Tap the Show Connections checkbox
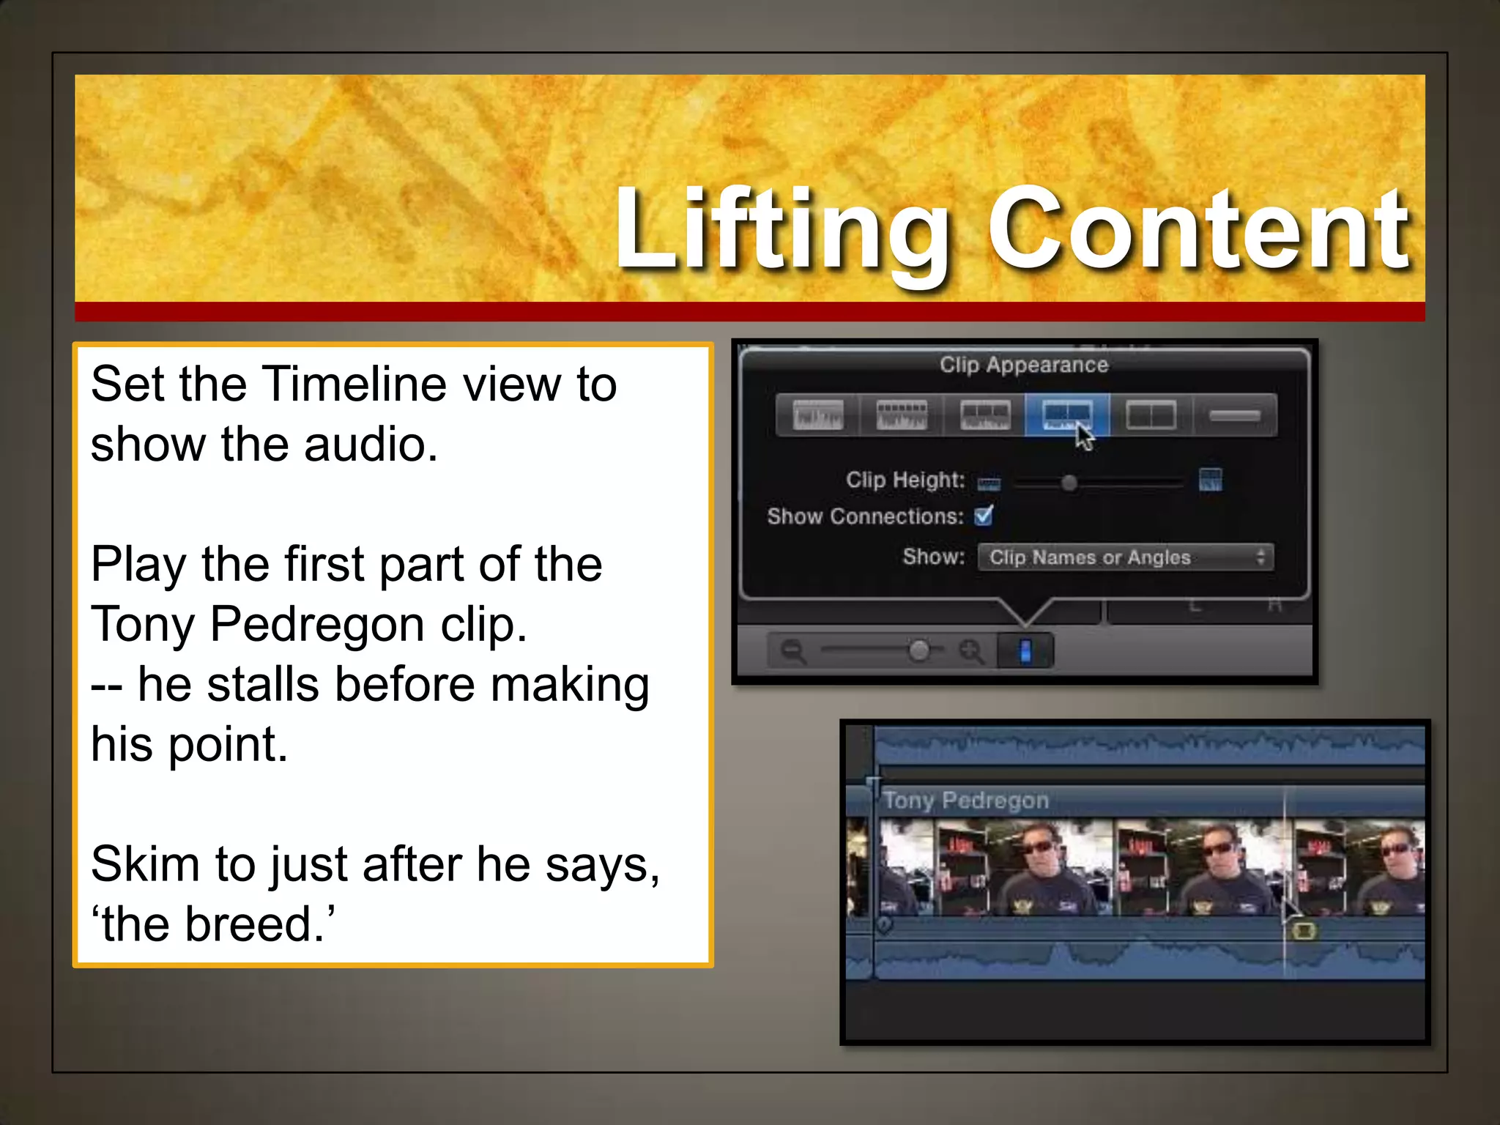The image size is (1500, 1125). [x=984, y=516]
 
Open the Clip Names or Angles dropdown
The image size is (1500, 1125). [x=1126, y=557]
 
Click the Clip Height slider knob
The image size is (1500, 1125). [x=1069, y=483]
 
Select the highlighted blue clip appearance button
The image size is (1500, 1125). [x=1066, y=415]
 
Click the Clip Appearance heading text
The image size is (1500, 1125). [x=1024, y=365]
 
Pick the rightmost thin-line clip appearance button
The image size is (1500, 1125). [x=1235, y=415]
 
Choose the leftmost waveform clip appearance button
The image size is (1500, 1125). [x=817, y=415]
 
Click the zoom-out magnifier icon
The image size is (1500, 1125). [x=792, y=650]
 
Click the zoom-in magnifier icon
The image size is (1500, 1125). [x=971, y=650]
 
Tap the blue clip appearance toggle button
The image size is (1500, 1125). [x=1025, y=650]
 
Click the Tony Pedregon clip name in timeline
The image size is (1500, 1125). [x=966, y=801]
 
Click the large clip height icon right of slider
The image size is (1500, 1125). [x=1210, y=480]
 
